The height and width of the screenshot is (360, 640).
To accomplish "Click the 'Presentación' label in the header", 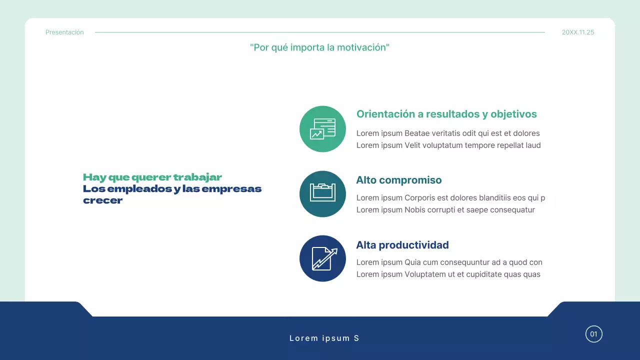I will (64, 32).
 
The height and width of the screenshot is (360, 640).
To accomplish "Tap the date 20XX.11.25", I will (578, 32).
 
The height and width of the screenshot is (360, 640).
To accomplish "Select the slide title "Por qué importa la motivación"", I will (319, 47).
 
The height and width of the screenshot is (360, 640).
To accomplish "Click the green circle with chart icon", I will (322, 129).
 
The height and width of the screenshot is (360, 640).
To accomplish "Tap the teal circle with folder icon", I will (322, 194).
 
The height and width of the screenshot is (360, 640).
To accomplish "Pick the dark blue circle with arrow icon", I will (322, 258).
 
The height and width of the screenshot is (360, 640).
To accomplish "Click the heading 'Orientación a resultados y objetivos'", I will (446, 114).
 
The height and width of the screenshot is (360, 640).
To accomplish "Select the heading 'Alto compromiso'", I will (398, 180).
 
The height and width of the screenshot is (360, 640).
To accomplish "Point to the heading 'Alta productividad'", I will (402, 245).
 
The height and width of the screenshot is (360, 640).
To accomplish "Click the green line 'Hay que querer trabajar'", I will (152, 177).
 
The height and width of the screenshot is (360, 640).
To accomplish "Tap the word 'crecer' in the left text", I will (102, 201).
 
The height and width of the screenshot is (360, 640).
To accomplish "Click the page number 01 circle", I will (593, 334).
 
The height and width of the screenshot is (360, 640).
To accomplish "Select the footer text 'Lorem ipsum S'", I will (324, 338).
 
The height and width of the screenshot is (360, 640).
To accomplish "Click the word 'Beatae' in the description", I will (417, 133).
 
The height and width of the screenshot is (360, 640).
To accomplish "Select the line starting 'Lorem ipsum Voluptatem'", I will (448, 274).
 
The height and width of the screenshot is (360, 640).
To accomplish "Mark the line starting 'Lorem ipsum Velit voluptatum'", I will (448, 145).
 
